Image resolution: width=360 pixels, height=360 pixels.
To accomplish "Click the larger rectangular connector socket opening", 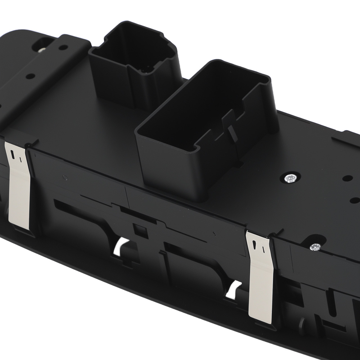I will click(202, 108).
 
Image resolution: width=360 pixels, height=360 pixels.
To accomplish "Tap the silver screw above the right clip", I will click(315, 247).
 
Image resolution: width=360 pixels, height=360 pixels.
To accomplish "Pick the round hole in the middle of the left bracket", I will click(31, 76).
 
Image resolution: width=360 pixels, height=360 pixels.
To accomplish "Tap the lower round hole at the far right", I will click(354, 200).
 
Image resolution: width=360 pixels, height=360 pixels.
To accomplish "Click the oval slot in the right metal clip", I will click(255, 244).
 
